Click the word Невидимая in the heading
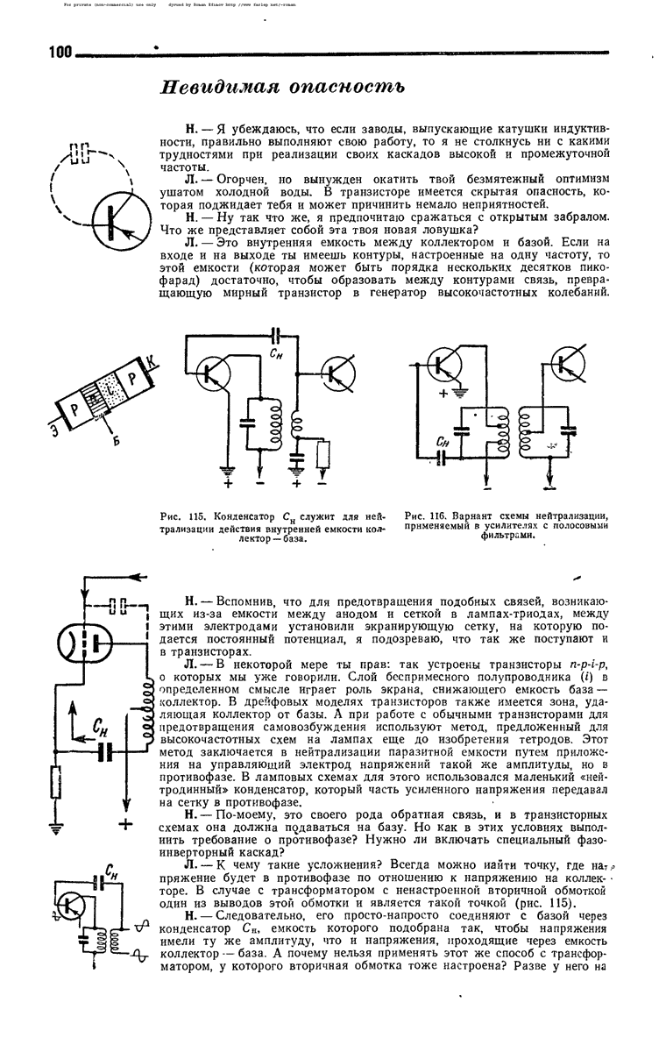216,89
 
